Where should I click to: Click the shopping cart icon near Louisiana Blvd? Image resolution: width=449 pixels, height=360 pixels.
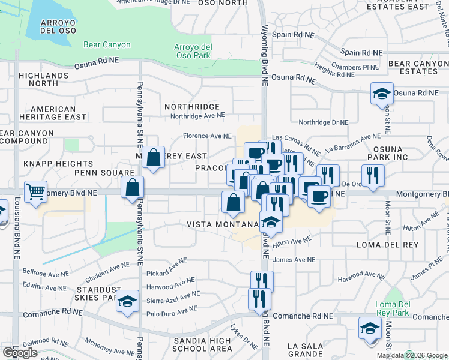(36, 191)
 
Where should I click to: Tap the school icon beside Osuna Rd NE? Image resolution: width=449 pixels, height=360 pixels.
(382, 94)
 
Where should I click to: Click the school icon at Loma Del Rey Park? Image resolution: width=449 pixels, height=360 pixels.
(370, 328)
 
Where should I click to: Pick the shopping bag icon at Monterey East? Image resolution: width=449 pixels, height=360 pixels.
(154, 158)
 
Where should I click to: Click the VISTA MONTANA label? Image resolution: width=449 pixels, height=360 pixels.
(222, 224)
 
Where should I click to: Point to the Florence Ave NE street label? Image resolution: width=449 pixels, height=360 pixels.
(207, 136)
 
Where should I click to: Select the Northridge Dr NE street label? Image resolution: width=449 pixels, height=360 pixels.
(323, 122)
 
